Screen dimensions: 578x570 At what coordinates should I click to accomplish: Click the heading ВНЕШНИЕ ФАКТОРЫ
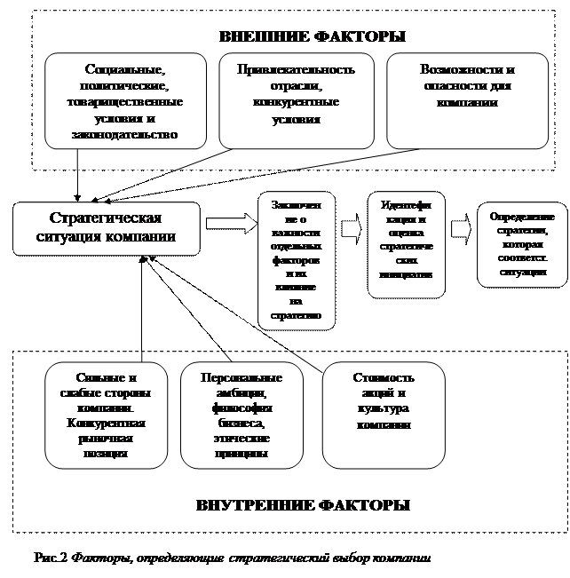point(312,37)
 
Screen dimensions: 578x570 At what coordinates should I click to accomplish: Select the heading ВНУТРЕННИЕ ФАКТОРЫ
point(303,505)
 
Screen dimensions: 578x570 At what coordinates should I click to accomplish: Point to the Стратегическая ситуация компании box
point(106,227)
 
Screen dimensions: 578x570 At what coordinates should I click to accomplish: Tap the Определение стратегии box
point(522,243)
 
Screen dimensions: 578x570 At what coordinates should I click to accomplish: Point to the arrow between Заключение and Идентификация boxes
point(352,228)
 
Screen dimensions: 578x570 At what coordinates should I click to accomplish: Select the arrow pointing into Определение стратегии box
point(460,229)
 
